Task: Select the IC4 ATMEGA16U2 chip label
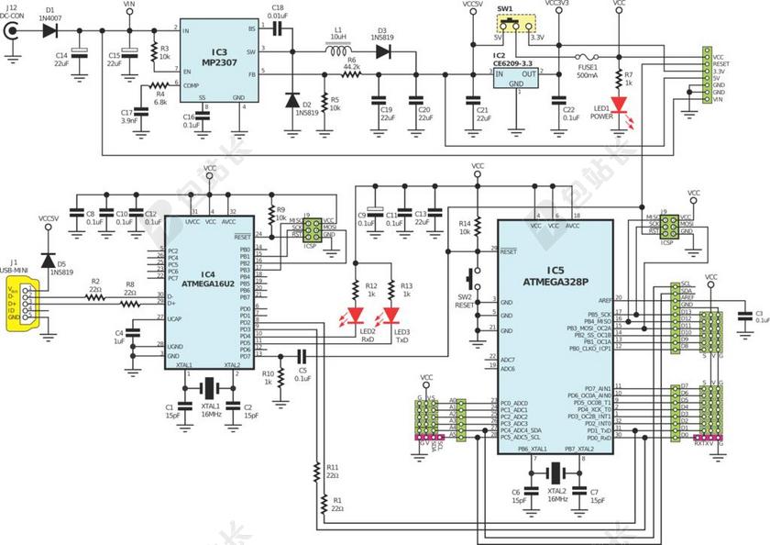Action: pos(208,279)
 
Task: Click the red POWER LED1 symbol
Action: pos(621,105)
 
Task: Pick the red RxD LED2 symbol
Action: pos(357,315)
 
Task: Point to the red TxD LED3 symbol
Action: pos(393,315)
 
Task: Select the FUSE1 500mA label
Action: pos(588,71)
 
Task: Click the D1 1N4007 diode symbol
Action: pos(49,31)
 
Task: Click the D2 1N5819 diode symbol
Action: pos(293,99)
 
